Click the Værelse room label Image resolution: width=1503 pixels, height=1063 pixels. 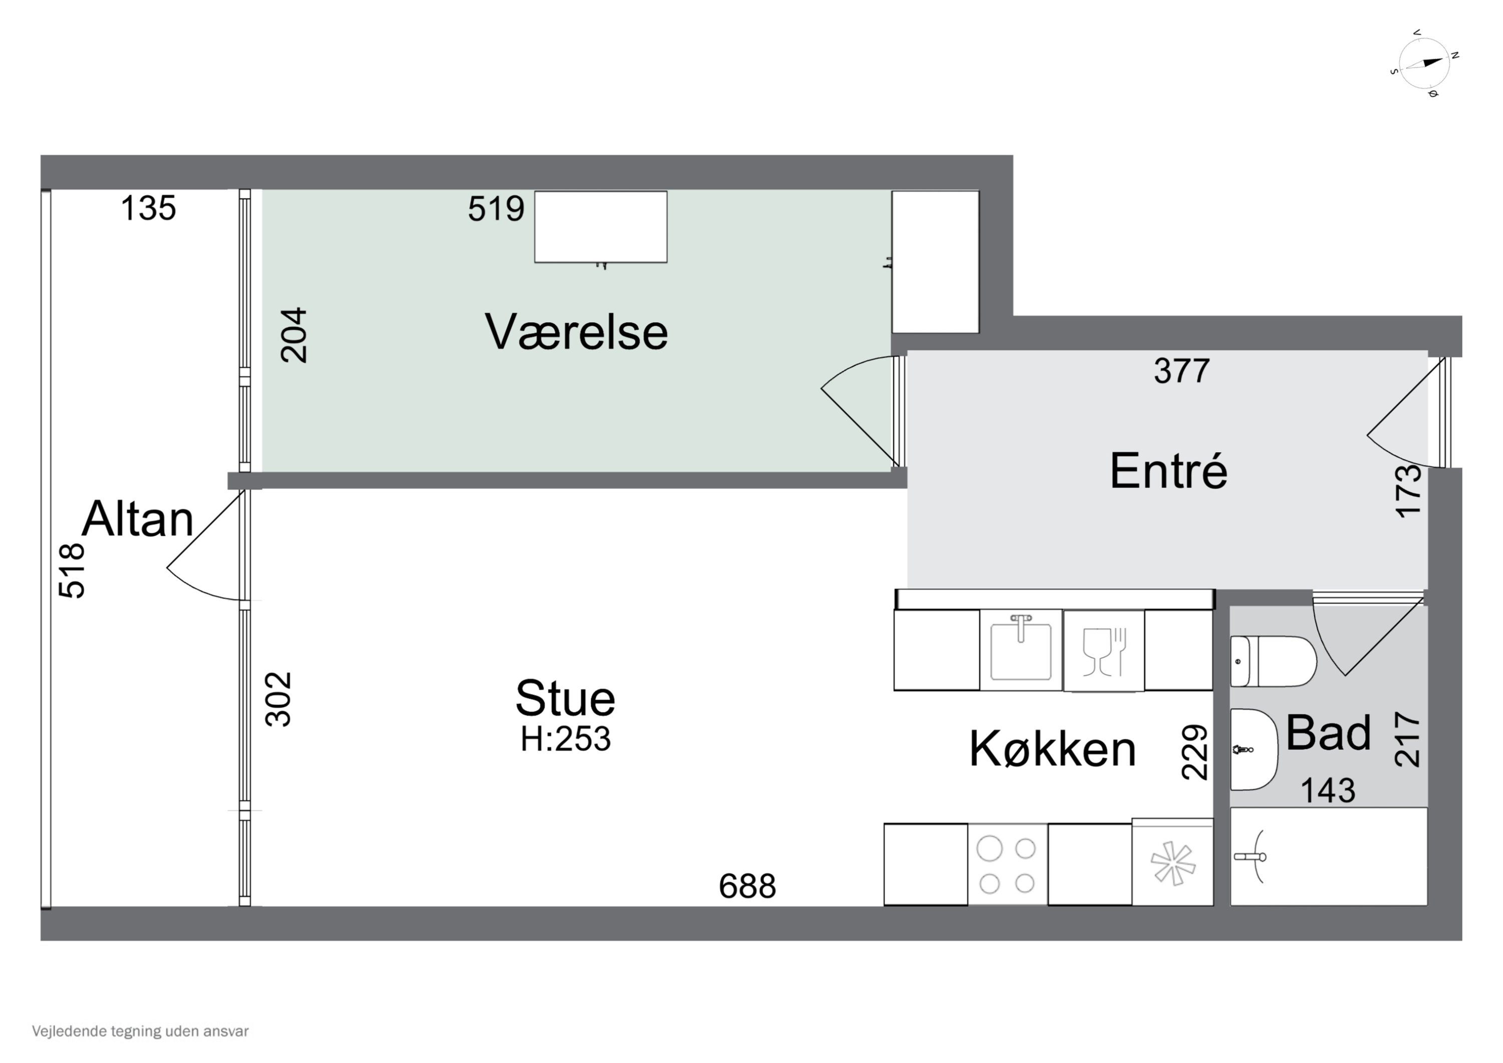click(x=576, y=333)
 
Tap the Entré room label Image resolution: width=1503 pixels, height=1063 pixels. click(x=1168, y=471)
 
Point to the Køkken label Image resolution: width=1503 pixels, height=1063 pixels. click(x=1053, y=749)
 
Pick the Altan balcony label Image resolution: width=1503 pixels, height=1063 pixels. click(x=137, y=519)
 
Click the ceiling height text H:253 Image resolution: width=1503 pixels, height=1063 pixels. click(x=566, y=739)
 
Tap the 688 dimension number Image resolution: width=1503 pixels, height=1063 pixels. click(x=747, y=887)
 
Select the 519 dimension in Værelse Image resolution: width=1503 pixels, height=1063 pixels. click(x=495, y=209)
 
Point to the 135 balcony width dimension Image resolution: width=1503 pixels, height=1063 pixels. click(x=149, y=209)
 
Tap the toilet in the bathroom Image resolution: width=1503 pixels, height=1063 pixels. click(x=1273, y=662)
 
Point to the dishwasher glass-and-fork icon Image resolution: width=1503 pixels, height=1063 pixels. click(x=1103, y=651)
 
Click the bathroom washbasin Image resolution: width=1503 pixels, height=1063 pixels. click(x=1253, y=749)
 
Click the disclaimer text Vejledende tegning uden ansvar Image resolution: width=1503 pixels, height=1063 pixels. click(x=140, y=1031)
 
